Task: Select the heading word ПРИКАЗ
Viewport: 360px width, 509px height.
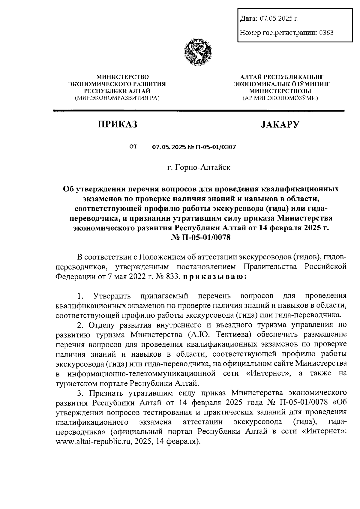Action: [x=117, y=124]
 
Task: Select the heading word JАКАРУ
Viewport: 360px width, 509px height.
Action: [x=280, y=124]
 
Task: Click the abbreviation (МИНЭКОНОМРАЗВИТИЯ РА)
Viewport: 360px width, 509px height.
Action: [x=117, y=97]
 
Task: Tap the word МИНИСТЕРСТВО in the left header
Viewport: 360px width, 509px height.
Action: [x=117, y=77]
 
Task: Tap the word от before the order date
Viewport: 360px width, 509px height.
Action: [x=133, y=147]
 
